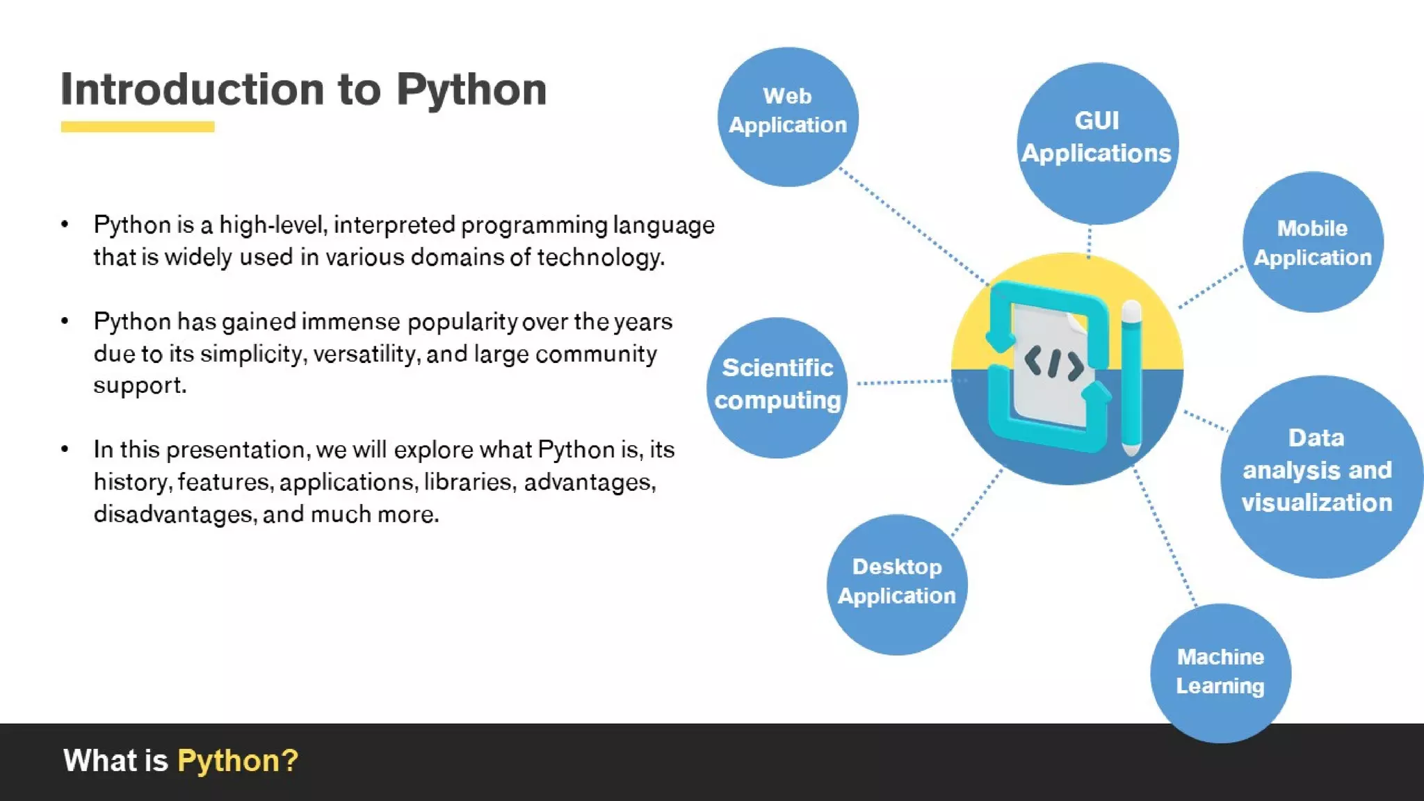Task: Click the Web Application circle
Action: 788,116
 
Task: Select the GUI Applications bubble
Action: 1097,143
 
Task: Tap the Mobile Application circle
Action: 1313,242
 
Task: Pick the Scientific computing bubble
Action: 777,387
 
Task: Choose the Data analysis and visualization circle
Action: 1320,476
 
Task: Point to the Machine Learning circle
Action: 1220,673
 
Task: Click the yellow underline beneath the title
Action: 138,127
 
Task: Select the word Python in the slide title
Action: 471,90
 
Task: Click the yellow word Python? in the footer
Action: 238,761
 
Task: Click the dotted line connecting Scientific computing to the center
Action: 904,382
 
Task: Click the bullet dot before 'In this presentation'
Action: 65,449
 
